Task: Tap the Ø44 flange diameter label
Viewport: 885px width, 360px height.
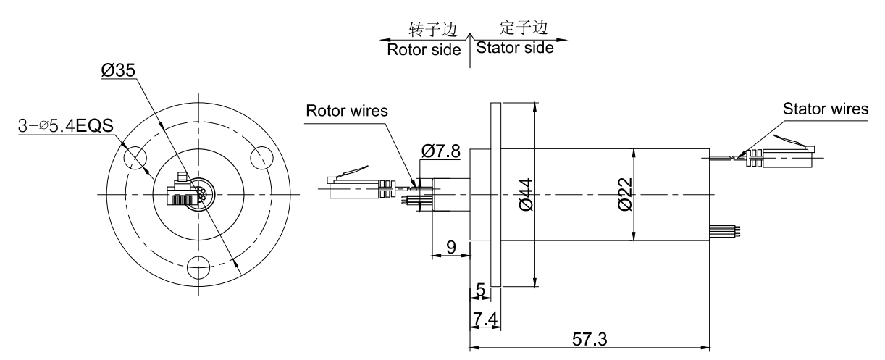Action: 526,195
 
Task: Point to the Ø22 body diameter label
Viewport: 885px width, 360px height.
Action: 626,195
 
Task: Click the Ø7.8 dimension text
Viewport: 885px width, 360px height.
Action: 440,151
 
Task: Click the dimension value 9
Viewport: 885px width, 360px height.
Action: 450,247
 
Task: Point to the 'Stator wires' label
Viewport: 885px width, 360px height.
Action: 826,109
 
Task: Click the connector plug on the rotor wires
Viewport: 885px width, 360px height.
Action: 353,186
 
